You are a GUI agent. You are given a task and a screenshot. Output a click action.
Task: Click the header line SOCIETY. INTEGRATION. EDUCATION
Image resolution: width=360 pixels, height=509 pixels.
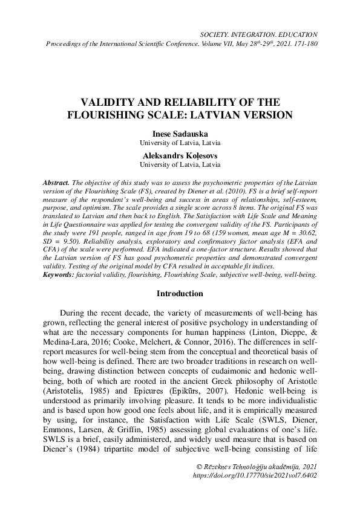coord(258,36)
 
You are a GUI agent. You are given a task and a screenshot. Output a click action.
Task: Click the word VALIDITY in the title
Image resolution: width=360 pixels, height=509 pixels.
coord(108,102)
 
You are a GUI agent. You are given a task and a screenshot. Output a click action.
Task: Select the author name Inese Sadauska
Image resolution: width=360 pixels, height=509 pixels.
coord(180,134)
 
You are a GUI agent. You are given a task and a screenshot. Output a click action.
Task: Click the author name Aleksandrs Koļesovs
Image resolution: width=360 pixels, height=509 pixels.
coord(180,155)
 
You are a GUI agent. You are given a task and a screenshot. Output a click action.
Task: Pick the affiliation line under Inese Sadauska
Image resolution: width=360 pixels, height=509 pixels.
coord(180,143)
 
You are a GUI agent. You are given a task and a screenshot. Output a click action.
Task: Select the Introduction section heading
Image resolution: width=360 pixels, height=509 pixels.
coord(180,294)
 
